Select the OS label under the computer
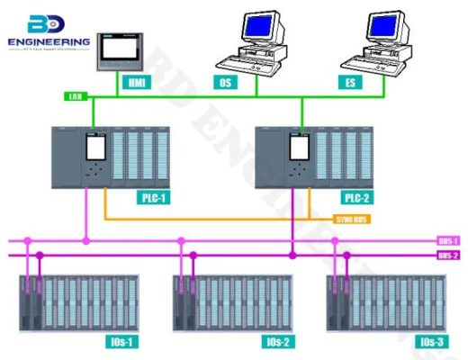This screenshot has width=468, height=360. [x=226, y=82]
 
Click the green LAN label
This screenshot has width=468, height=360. [x=74, y=95]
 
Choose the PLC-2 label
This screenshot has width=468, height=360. [x=355, y=197]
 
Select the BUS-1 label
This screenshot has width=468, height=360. [x=447, y=240]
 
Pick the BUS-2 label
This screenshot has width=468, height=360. [x=447, y=256]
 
